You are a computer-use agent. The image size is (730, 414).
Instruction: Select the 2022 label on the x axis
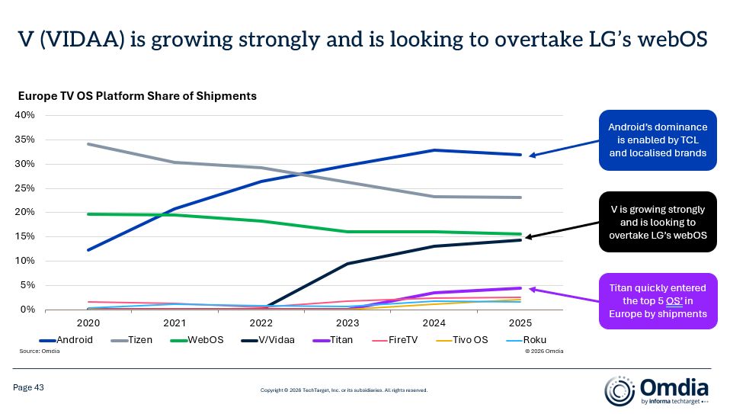[261, 322]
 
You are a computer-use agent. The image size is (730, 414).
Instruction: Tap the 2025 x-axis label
[520, 322]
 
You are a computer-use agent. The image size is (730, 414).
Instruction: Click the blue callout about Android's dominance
[658, 140]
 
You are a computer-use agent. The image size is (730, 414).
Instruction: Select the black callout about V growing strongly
[658, 222]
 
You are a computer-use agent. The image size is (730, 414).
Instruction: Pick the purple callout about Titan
[658, 300]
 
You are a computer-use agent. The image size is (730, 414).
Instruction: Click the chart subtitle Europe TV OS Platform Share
[137, 96]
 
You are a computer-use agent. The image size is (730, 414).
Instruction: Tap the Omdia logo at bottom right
[656, 390]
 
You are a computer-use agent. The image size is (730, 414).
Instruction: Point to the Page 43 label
[29, 388]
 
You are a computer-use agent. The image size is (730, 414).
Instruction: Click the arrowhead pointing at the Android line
[532, 156]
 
